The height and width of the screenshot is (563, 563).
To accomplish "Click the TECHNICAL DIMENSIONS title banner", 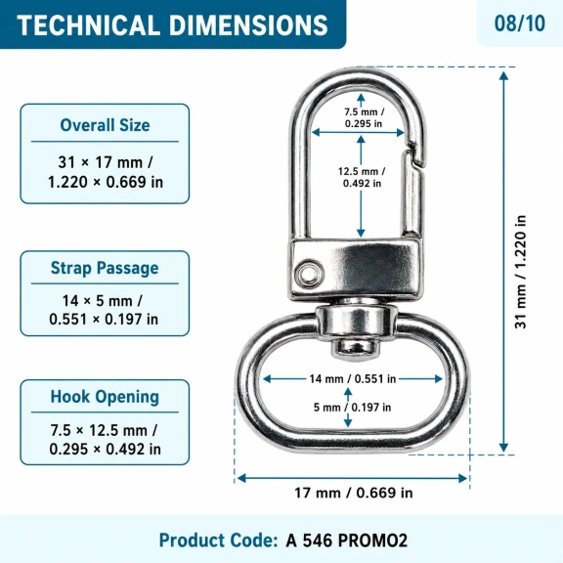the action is click(172, 24).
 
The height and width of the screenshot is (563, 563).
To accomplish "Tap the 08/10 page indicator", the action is click(520, 23).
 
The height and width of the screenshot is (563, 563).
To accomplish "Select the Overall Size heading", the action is click(105, 125).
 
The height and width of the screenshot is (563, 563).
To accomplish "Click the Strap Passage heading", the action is click(105, 268).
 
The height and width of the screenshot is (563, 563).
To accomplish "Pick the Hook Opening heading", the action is click(105, 397).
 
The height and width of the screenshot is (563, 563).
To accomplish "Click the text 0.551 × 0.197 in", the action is click(104, 320).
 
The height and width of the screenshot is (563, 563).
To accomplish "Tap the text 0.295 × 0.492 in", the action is click(105, 449).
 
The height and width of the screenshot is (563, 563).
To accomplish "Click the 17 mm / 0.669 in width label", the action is click(354, 493).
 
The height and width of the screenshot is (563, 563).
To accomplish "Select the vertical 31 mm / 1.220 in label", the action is click(520, 272).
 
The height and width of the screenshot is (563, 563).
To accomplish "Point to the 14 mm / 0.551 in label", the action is click(353, 379).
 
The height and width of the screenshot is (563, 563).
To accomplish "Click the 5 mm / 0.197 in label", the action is click(352, 408).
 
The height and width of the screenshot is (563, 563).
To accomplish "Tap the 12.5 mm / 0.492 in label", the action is click(362, 177).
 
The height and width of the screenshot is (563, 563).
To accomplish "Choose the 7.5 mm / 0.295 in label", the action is click(364, 117).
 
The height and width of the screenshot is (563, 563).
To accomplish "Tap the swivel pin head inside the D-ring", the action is click(355, 348).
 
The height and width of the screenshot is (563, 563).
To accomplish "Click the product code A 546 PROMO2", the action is click(346, 541).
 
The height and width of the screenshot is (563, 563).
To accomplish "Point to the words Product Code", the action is click(218, 541).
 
